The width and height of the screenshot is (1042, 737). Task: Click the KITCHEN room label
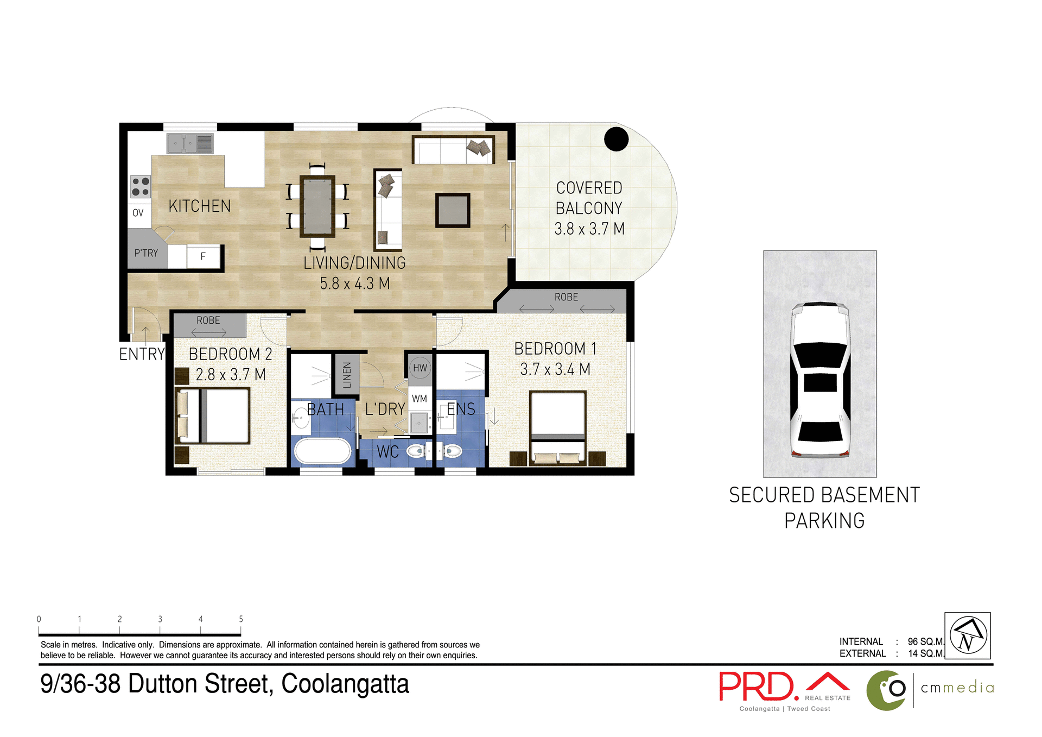click(199, 206)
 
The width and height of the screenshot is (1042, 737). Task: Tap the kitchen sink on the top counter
click(189, 144)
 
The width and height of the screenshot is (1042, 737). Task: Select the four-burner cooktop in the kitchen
click(141, 186)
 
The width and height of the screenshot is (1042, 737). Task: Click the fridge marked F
click(203, 256)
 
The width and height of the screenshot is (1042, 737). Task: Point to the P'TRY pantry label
click(146, 253)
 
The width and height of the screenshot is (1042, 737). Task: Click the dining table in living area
click(317, 206)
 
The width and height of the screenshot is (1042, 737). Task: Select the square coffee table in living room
click(452, 210)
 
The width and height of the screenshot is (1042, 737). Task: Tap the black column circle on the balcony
click(616, 139)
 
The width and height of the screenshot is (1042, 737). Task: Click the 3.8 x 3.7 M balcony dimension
click(589, 229)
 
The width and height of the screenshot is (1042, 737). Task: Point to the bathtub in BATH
click(322, 451)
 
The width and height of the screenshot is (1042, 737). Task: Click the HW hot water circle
click(420, 368)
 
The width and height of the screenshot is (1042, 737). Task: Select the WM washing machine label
click(419, 399)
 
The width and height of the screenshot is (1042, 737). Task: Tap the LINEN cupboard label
click(347, 374)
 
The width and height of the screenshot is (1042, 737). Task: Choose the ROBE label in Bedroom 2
click(208, 320)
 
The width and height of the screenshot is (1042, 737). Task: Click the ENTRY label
click(142, 354)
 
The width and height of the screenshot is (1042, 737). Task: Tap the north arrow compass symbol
click(968, 635)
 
